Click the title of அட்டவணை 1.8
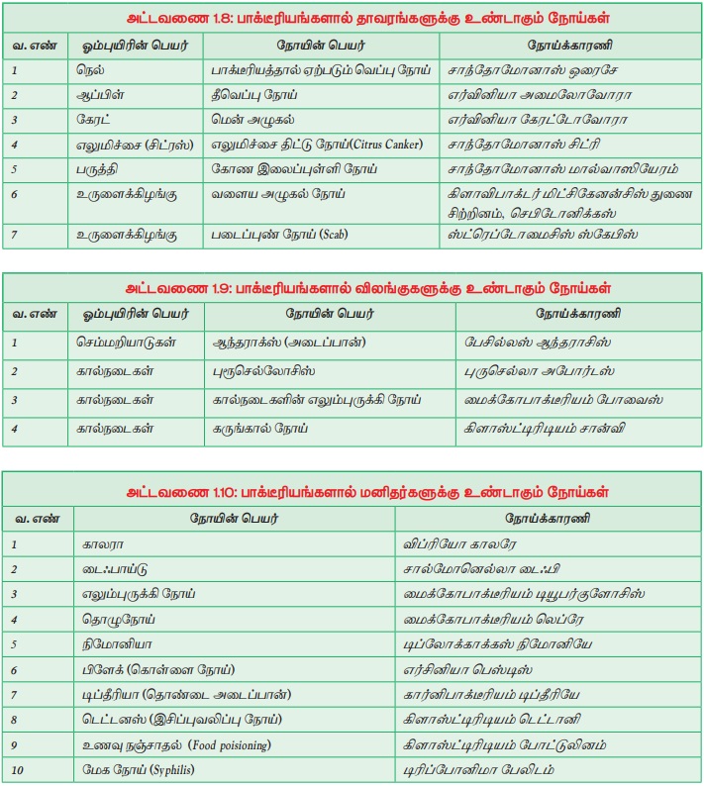click(x=352, y=19)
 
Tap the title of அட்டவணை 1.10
click(x=352, y=492)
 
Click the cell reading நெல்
click(x=89, y=71)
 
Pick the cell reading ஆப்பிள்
click(x=98, y=95)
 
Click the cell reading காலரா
click(x=103, y=544)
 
